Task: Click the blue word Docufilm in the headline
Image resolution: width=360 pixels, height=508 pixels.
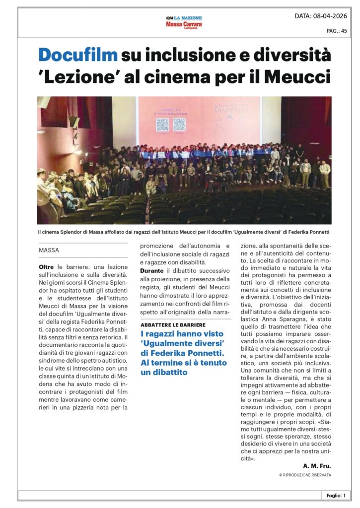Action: [78, 55]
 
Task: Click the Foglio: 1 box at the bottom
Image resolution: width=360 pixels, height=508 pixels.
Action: [336, 495]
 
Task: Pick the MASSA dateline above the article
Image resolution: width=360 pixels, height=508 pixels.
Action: [49, 251]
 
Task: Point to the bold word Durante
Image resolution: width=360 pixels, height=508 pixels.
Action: [153, 270]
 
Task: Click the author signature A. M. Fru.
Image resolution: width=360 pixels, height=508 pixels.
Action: [317, 466]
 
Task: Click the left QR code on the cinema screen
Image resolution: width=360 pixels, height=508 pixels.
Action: [163, 125]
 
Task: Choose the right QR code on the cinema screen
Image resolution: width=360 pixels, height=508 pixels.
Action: [179, 125]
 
